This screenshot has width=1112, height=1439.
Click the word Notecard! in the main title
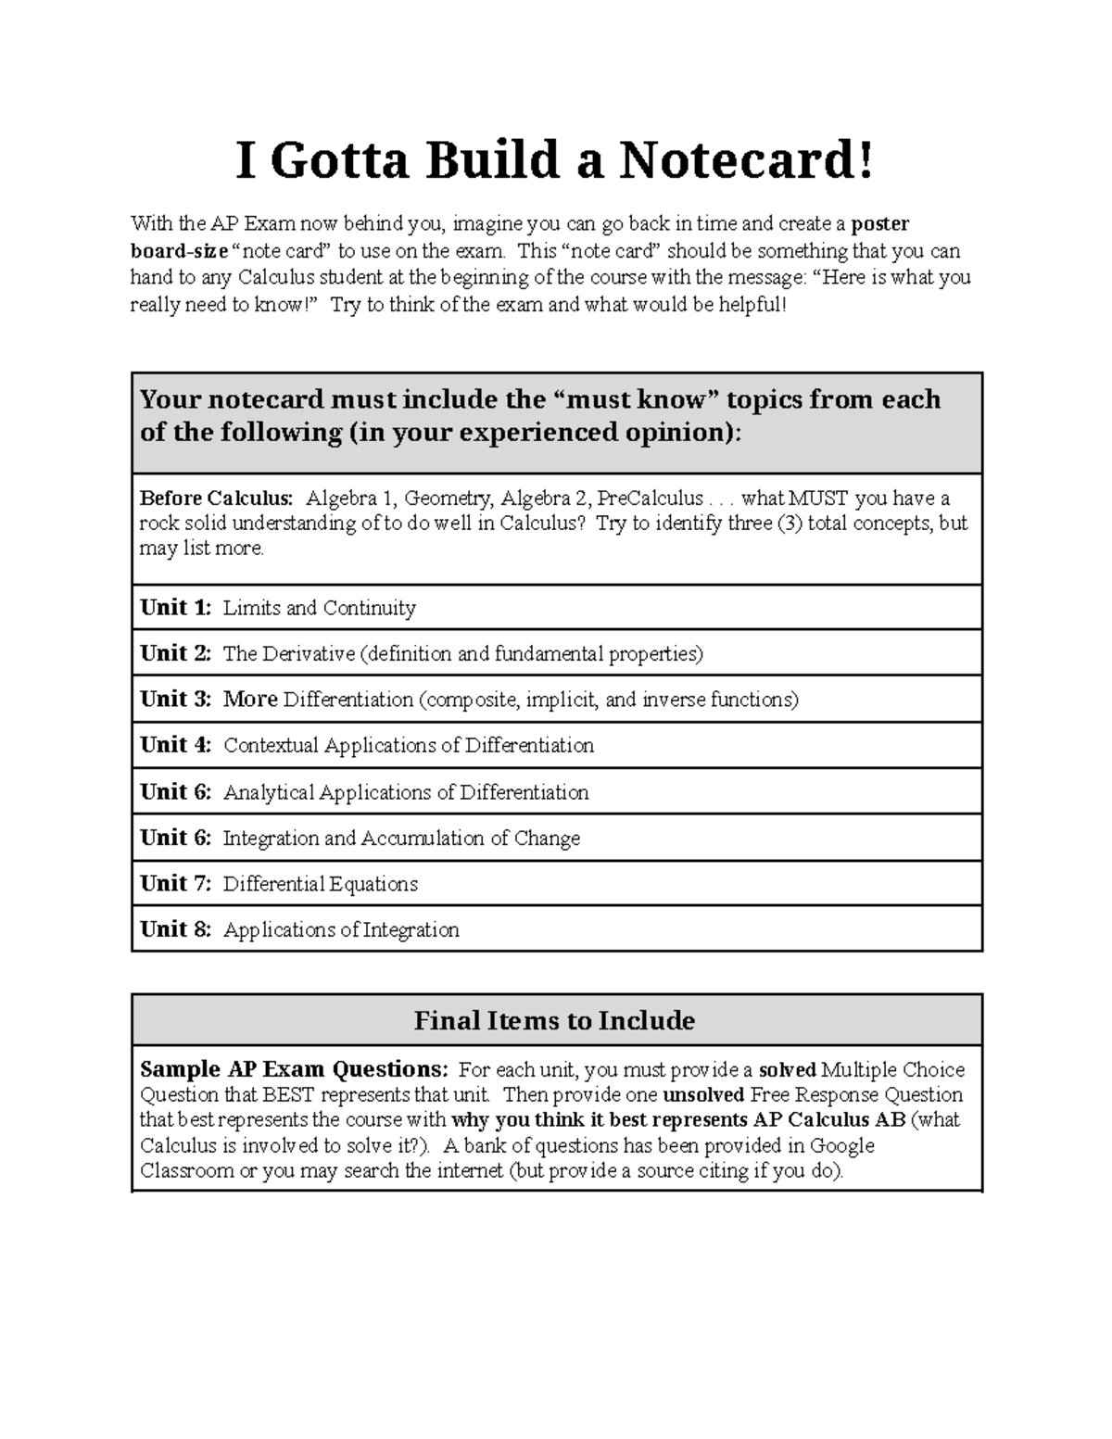pyautogui.click(x=747, y=161)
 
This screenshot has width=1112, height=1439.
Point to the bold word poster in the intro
pyautogui.click(x=880, y=224)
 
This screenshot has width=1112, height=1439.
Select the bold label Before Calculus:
pyautogui.click(x=216, y=499)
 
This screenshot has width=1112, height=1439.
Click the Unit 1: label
pyautogui.click(x=175, y=608)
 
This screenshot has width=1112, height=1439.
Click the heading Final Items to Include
pyautogui.click(x=554, y=1021)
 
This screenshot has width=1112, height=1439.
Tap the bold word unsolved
pyautogui.click(x=703, y=1095)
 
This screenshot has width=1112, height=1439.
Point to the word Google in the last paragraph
pyautogui.click(x=841, y=1145)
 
